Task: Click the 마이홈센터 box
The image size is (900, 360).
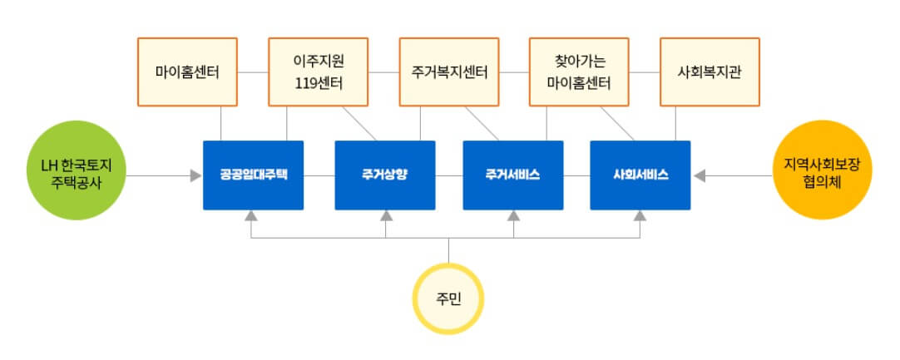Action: click(187, 72)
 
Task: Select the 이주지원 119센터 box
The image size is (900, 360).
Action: click(318, 72)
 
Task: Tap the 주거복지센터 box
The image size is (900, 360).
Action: click(449, 72)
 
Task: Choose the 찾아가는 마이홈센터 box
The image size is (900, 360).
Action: click(579, 72)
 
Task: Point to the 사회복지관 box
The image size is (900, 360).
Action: click(710, 72)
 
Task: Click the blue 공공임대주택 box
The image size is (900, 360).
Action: click(253, 175)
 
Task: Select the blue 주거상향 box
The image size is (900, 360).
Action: click(384, 175)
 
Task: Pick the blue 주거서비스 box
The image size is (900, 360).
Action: click(512, 175)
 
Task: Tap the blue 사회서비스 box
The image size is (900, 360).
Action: click(640, 175)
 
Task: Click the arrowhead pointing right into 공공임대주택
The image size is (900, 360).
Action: click(195, 175)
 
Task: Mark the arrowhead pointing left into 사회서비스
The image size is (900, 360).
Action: click(700, 175)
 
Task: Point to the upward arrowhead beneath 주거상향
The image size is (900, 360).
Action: click(386, 216)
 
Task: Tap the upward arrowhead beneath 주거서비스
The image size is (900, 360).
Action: click(514, 216)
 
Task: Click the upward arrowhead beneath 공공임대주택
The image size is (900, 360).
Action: click(251, 216)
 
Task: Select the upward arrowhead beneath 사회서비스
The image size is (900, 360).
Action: click(640, 216)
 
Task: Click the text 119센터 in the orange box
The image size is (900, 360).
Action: click(318, 83)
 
